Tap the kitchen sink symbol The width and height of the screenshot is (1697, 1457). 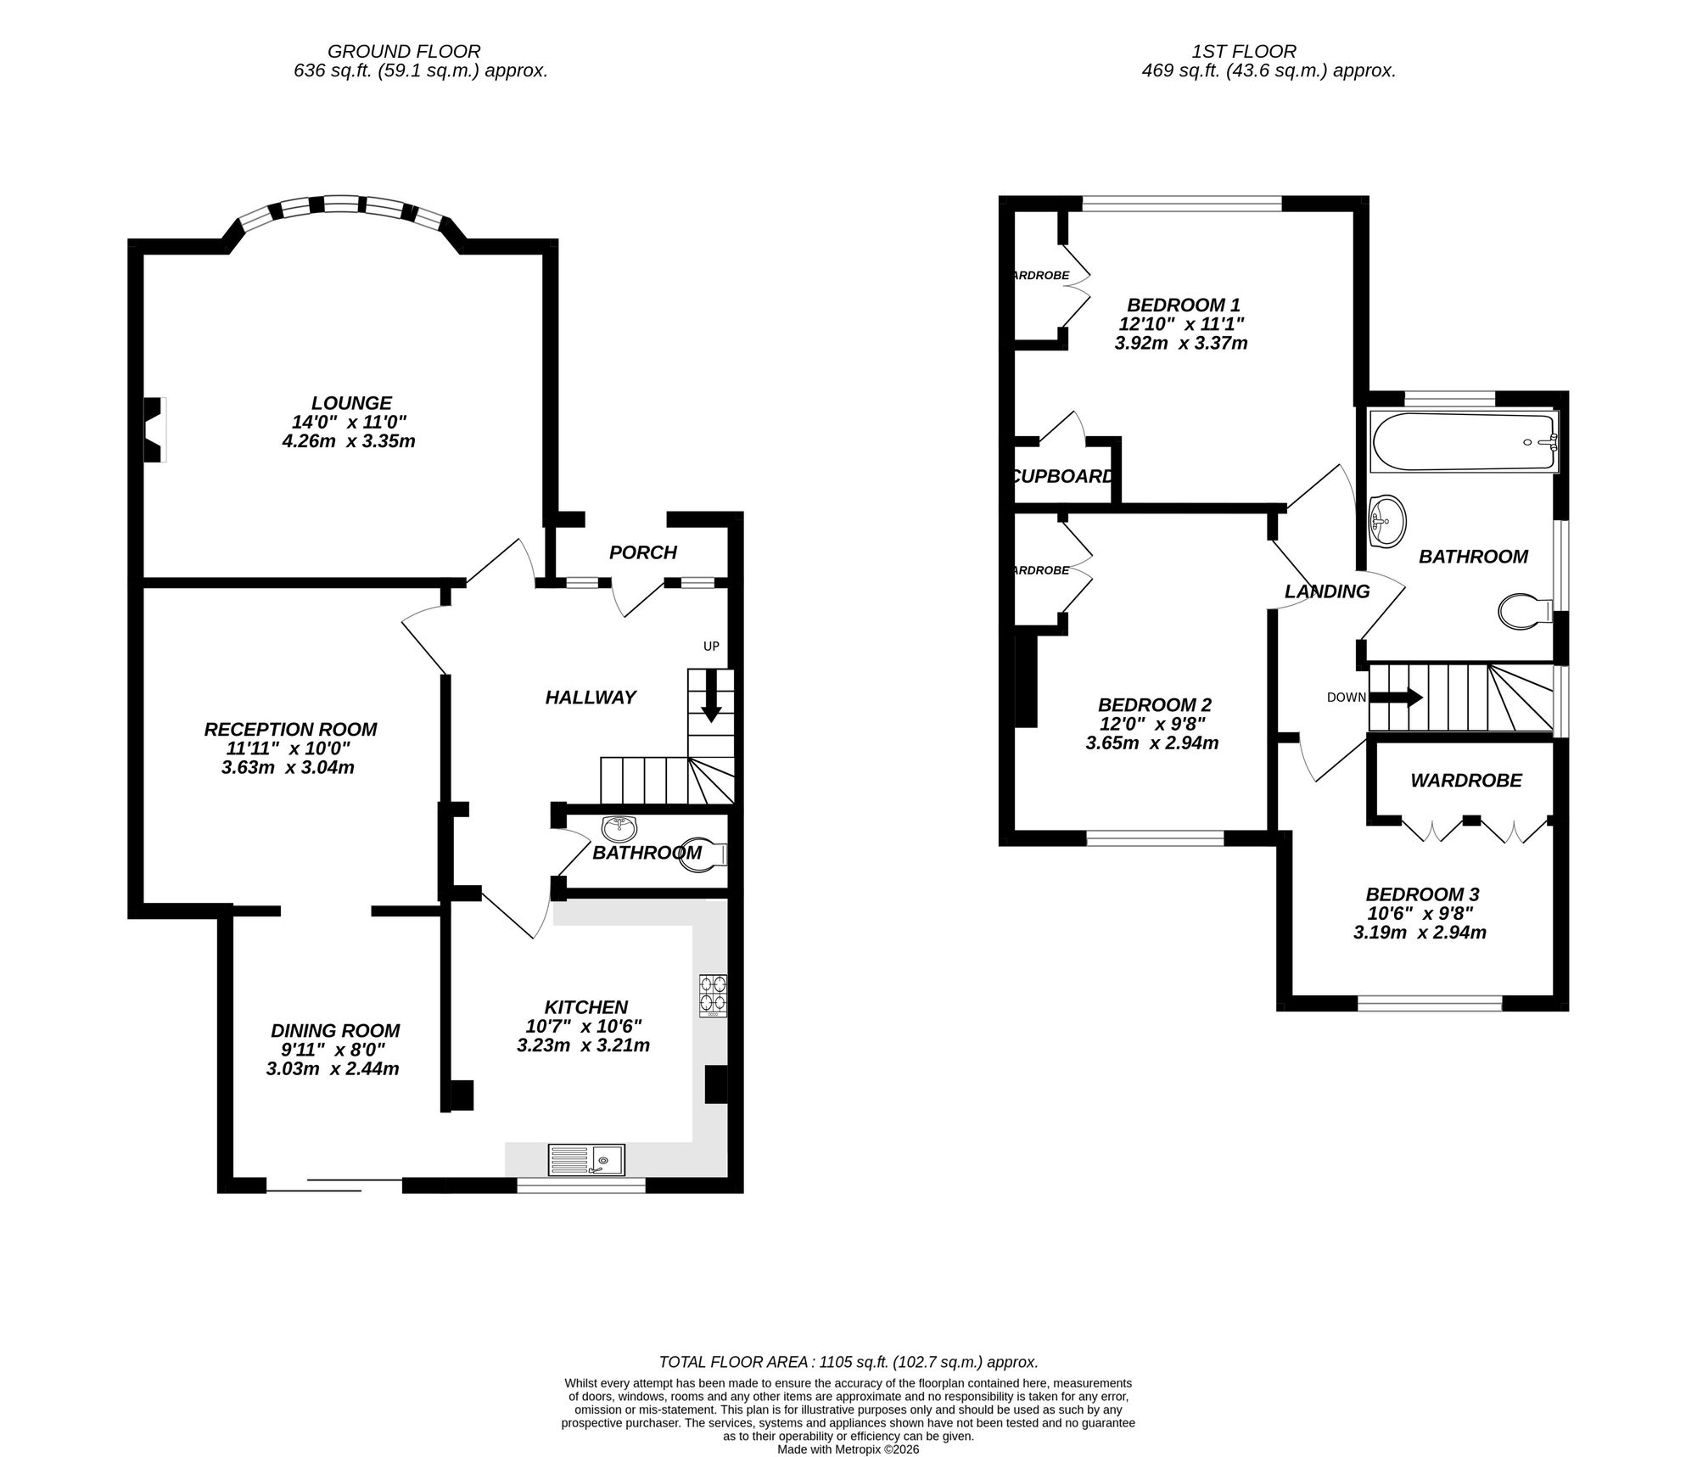pos(586,1160)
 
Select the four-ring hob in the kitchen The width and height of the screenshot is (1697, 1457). pos(713,995)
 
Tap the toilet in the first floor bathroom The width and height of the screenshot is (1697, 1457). pos(1524,611)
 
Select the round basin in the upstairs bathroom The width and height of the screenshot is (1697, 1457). pos(1387,518)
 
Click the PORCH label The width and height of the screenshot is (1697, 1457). pos(643,552)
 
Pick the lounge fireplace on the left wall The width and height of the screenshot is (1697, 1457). pos(154,430)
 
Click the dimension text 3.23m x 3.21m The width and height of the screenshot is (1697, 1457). pos(583,1045)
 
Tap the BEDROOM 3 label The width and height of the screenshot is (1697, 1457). pos(1422,894)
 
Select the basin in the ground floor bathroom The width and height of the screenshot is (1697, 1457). pos(619,827)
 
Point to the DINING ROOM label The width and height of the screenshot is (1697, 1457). pos(335,1030)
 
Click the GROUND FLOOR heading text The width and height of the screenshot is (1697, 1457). pos(404,52)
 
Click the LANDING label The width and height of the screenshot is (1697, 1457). pos(1327,591)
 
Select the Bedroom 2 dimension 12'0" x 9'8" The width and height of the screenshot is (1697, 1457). pos(1152,724)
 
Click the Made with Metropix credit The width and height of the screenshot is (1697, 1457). pos(848,1449)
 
